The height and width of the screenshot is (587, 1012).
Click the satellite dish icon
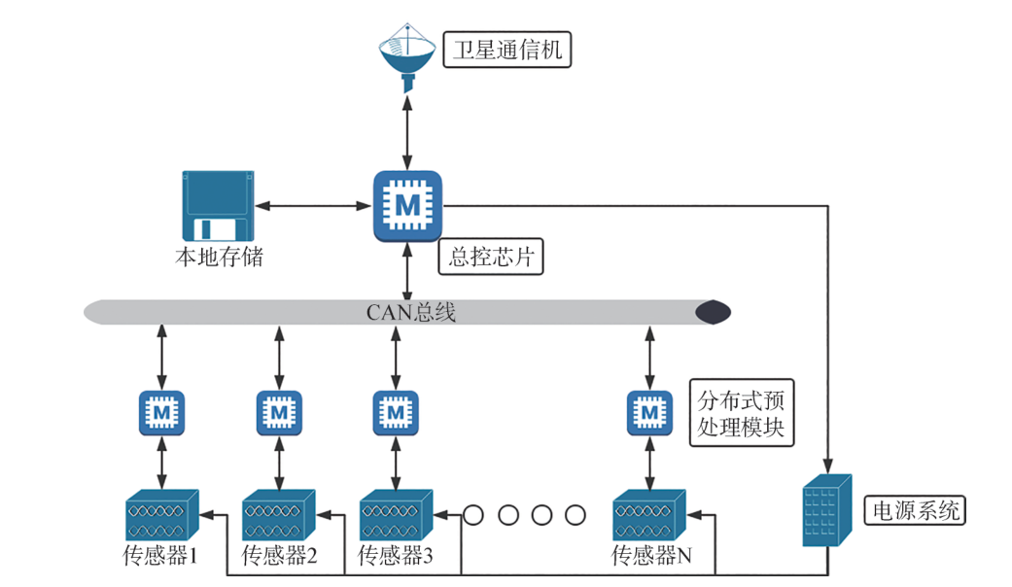click(407, 59)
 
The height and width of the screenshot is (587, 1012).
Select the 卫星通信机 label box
click(506, 49)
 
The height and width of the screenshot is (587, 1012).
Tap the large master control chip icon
click(408, 205)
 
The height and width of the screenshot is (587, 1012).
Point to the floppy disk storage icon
click(217, 206)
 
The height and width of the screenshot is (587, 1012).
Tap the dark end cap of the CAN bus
click(712, 312)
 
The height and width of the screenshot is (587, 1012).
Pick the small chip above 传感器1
click(162, 413)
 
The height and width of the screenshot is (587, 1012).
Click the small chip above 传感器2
click(279, 413)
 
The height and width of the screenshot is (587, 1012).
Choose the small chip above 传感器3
click(396, 413)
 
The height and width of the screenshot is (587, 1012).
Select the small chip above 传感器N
click(648, 413)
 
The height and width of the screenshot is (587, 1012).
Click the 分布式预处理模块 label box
click(740, 413)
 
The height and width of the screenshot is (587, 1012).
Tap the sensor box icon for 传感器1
click(161, 515)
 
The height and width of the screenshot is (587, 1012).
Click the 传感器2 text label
click(279, 557)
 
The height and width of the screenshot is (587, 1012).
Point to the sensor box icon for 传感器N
click(648, 515)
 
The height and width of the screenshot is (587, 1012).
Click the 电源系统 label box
click(915, 510)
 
